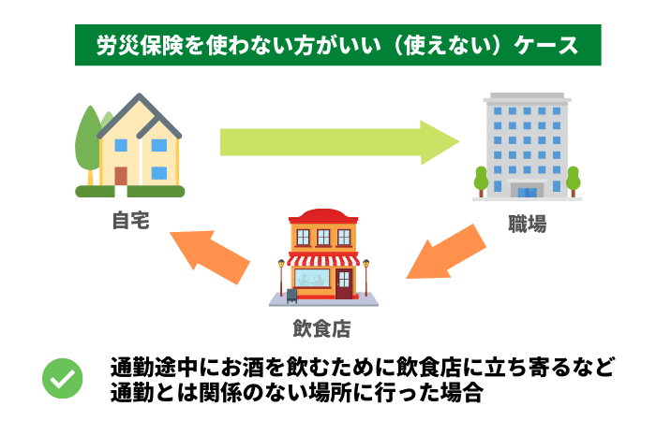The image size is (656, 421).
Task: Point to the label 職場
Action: click(x=527, y=224)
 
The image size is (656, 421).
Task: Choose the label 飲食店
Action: click(x=322, y=329)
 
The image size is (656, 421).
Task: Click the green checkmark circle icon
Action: click(x=64, y=380)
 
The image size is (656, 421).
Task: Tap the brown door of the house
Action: click(x=121, y=176)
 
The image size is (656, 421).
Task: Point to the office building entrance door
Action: click(x=528, y=190)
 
